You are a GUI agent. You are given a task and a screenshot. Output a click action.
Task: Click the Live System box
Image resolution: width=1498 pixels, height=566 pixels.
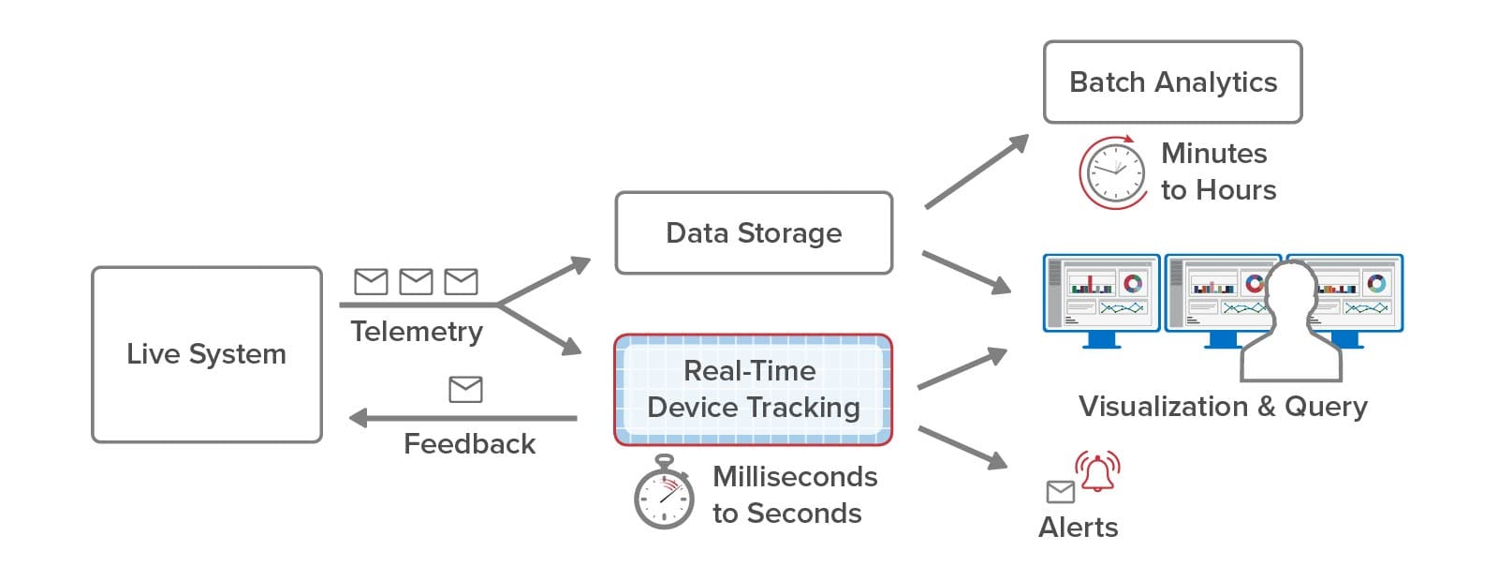(x=207, y=354)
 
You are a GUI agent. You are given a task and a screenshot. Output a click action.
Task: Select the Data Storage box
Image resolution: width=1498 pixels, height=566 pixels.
(x=754, y=232)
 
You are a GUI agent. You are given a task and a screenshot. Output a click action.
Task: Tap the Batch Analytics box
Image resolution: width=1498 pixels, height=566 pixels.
(x=1173, y=82)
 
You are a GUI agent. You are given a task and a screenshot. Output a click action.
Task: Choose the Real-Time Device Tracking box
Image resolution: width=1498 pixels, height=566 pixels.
(x=754, y=390)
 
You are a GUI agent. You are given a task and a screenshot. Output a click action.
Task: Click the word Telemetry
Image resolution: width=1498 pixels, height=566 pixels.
(x=417, y=332)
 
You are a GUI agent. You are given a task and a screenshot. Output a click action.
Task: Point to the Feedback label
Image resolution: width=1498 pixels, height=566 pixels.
(x=469, y=443)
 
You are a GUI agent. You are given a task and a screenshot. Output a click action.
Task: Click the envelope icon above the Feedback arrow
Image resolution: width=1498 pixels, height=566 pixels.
(x=465, y=390)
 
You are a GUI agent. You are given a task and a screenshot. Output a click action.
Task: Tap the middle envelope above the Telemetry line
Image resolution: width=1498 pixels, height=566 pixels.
(x=416, y=282)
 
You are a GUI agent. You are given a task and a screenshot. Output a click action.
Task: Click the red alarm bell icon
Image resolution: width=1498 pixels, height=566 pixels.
(x=1097, y=471)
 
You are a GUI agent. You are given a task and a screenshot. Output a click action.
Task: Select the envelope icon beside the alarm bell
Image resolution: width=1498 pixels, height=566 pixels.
(x=1061, y=492)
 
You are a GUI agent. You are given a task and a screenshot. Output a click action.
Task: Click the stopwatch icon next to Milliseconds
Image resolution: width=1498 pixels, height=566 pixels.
(x=664, y=492)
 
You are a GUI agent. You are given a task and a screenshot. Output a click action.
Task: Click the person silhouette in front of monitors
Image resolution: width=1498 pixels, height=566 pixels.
(x=1291, y=322)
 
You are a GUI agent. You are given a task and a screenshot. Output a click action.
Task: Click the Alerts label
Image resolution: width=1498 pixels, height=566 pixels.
(x=1078, y=528)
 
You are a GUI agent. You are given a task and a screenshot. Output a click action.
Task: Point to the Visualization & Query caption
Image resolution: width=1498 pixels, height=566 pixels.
(x=1223, y=407)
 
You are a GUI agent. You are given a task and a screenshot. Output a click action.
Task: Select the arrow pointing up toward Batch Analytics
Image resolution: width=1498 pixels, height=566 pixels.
(x=977, y=171)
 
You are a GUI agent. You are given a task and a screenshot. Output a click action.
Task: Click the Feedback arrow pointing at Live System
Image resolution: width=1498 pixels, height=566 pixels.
(x=463, y=418)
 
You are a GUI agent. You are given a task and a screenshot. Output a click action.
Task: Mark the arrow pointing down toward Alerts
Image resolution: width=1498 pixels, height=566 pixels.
(x=963, y=448)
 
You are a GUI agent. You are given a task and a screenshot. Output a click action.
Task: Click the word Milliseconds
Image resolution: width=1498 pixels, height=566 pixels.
(x=795, y=477)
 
